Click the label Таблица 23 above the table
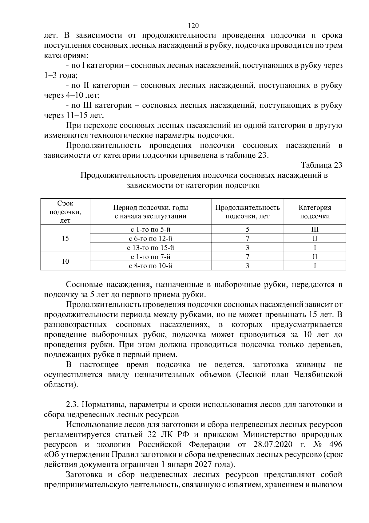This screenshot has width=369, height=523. click(322, 165)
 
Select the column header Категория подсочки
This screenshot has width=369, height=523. click(315, 212)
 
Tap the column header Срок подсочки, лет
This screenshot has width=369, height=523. click(65, 212)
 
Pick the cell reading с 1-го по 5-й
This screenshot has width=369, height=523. click(150, 229)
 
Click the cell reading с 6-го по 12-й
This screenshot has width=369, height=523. click(150, 239)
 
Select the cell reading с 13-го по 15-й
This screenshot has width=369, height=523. click(150, 248)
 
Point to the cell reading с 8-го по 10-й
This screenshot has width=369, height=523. click(150, 266)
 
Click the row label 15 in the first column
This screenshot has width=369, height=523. click(65, 239)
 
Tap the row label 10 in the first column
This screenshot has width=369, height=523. click(65, 261)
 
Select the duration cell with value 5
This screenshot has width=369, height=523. click(247, 229)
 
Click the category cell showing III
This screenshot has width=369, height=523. click(315, 229)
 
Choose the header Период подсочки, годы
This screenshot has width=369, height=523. click(150, 208)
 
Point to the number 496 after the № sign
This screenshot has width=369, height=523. click(335, 445)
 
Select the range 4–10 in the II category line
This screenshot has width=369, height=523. click(76, 95)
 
